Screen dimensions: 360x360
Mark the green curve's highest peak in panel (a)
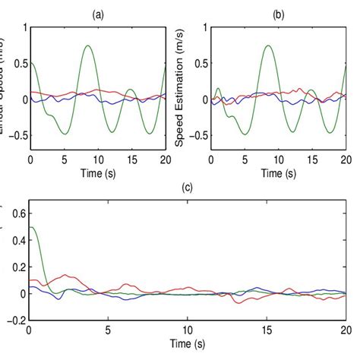click(88, 46)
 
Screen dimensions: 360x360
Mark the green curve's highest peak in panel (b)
click(267, 46)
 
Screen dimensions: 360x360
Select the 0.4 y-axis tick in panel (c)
click(16, 240)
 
